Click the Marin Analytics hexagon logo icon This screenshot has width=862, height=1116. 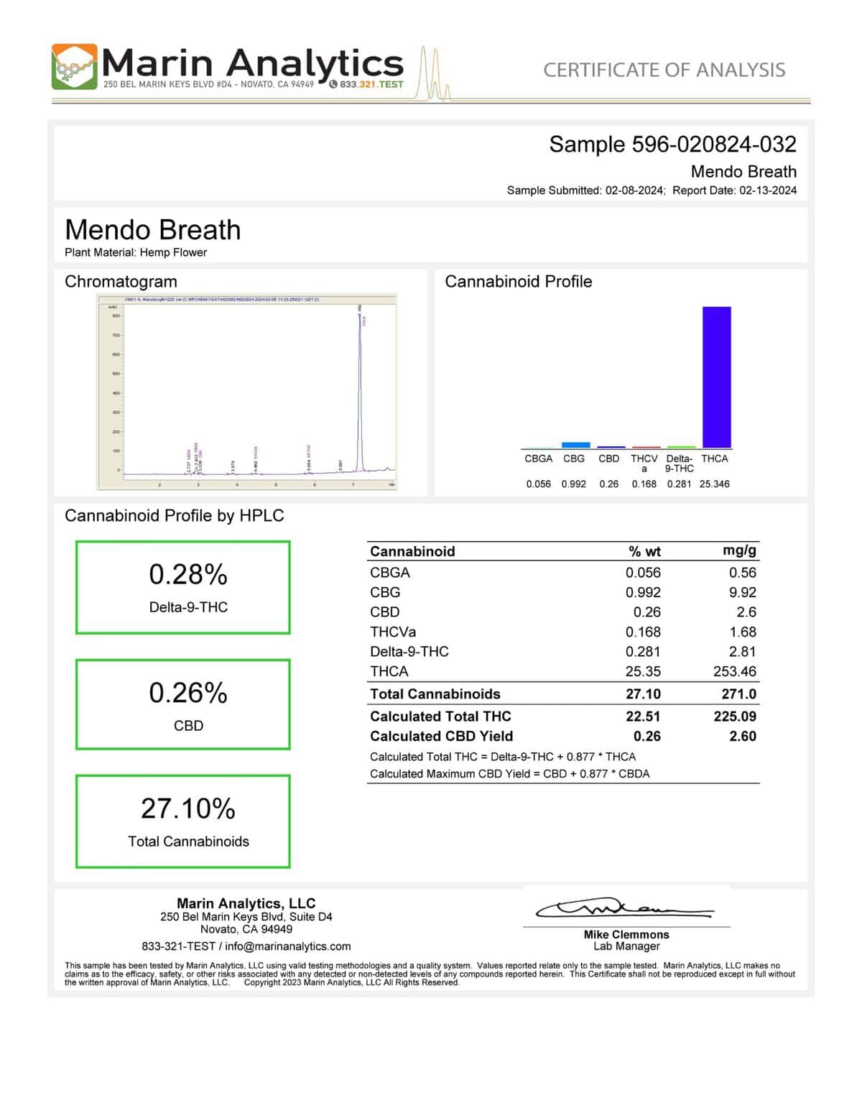coord(74,67)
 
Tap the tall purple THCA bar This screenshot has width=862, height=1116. coord(716,377)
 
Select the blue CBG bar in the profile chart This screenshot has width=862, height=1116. coord(575,445)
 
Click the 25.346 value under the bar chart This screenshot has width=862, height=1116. coord(714,484)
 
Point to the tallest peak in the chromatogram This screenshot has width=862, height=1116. coord(360,316)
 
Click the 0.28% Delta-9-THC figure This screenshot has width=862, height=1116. coord(188,574)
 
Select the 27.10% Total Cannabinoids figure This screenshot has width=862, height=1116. coord(188,808)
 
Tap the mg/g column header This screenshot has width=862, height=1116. coord(739,551)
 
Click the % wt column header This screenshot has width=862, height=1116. coord(644,551)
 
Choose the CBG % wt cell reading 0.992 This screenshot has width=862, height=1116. coord(643,592)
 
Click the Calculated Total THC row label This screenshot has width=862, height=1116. coord(440,716)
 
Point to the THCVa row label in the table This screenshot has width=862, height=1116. coord(393,632)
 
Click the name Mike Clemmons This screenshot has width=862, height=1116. coord(626,934)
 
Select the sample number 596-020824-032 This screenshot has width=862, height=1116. coord(713,144)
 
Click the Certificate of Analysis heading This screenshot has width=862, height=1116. coord(664,70)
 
